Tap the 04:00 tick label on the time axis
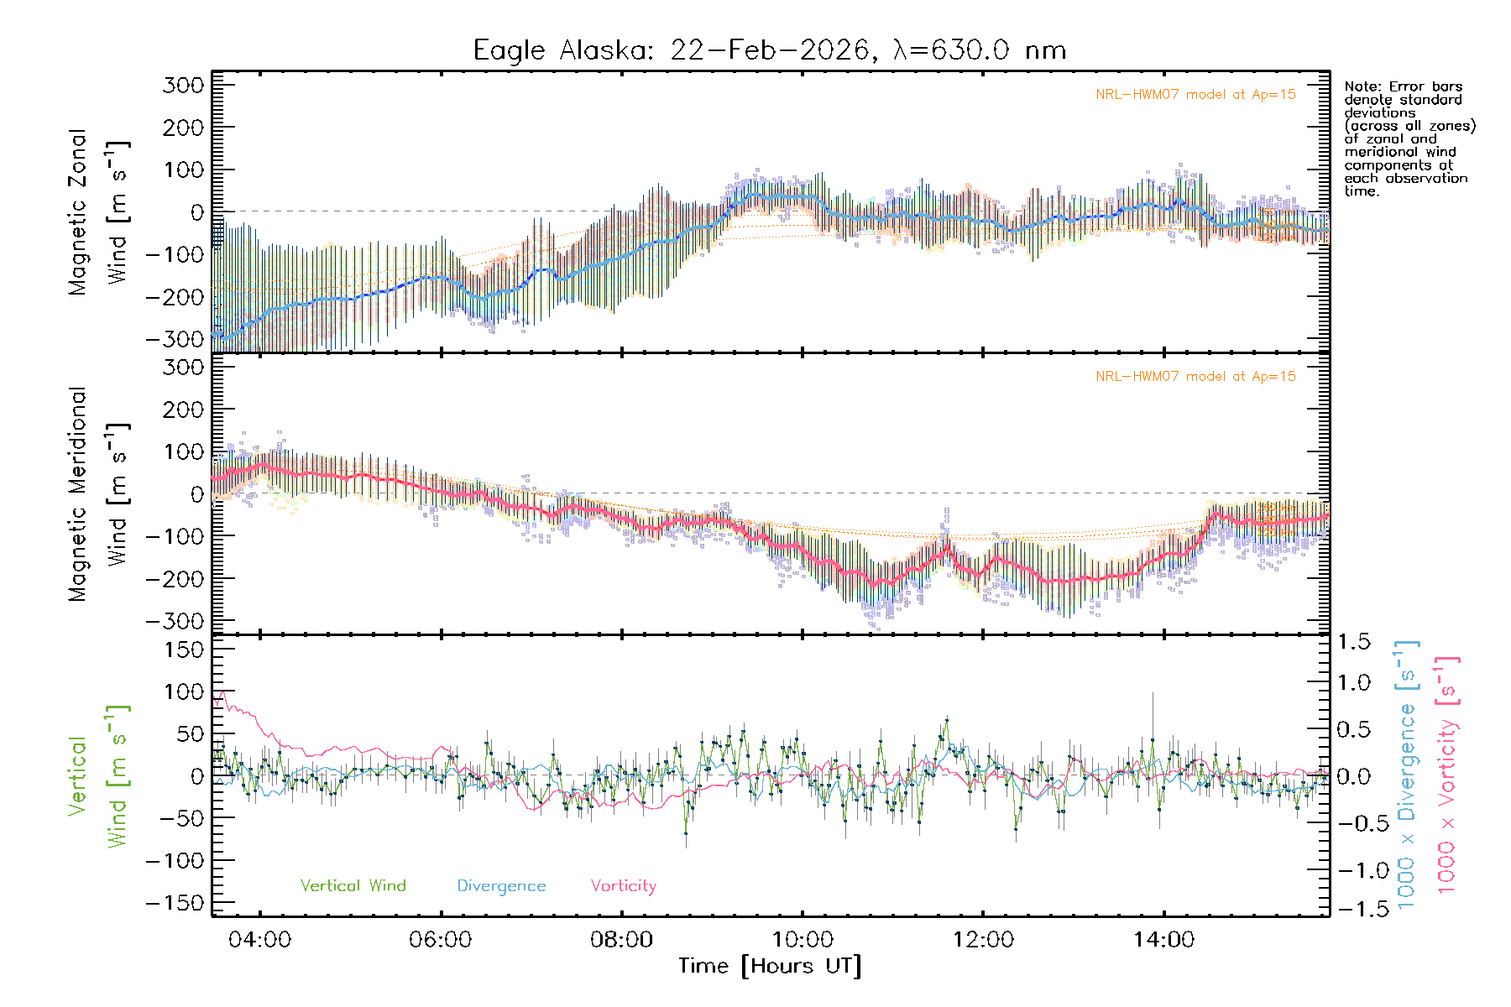click(x=259, y=939)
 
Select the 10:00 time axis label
click(x=803, y=939)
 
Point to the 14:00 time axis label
click(x=1163, y=939)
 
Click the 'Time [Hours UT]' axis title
click(x=770, y=966)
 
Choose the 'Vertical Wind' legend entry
click(x=353, y=885)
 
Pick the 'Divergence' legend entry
click(x=501, y=885)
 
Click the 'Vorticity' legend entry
click(x=623, y=885)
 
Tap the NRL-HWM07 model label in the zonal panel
click(x=1195, y=95)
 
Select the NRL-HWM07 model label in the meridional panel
click(x=1195, y=377)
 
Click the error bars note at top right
click(x=1409, y=138)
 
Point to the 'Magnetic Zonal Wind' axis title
click(x=98, y=212)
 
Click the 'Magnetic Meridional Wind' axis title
click(x=98, y=494)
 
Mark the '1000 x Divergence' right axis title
click(x=1407, y=775)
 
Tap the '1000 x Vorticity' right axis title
click(x=1447, y=775)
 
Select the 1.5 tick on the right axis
click(x=1354, y=642)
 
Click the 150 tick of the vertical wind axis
click(x=184, y=650)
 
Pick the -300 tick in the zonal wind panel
click(x=175, y=339)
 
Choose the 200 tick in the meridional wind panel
click(x=184, y=410)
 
